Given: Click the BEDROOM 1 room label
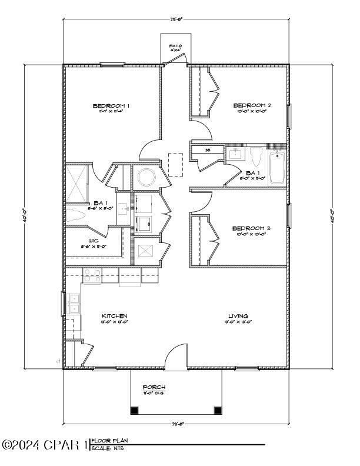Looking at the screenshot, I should click(111, 106).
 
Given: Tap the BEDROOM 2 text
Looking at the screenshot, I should click(251, 106).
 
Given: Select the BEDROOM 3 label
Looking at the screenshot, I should click(251, 228).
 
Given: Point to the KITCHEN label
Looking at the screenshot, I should click(114, 316).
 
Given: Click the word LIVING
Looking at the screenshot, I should click(238, 316).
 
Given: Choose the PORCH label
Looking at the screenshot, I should click(154, 387).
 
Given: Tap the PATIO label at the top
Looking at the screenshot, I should click(175, 46).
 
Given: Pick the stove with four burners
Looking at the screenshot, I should click(91, 275).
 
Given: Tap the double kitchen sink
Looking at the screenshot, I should click(74, 303).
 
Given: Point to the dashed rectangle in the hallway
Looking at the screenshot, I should click(175, 165).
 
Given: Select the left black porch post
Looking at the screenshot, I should click(135, 410).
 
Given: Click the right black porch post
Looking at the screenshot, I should click(217, 410).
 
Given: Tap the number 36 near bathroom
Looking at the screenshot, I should click(208, 150).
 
